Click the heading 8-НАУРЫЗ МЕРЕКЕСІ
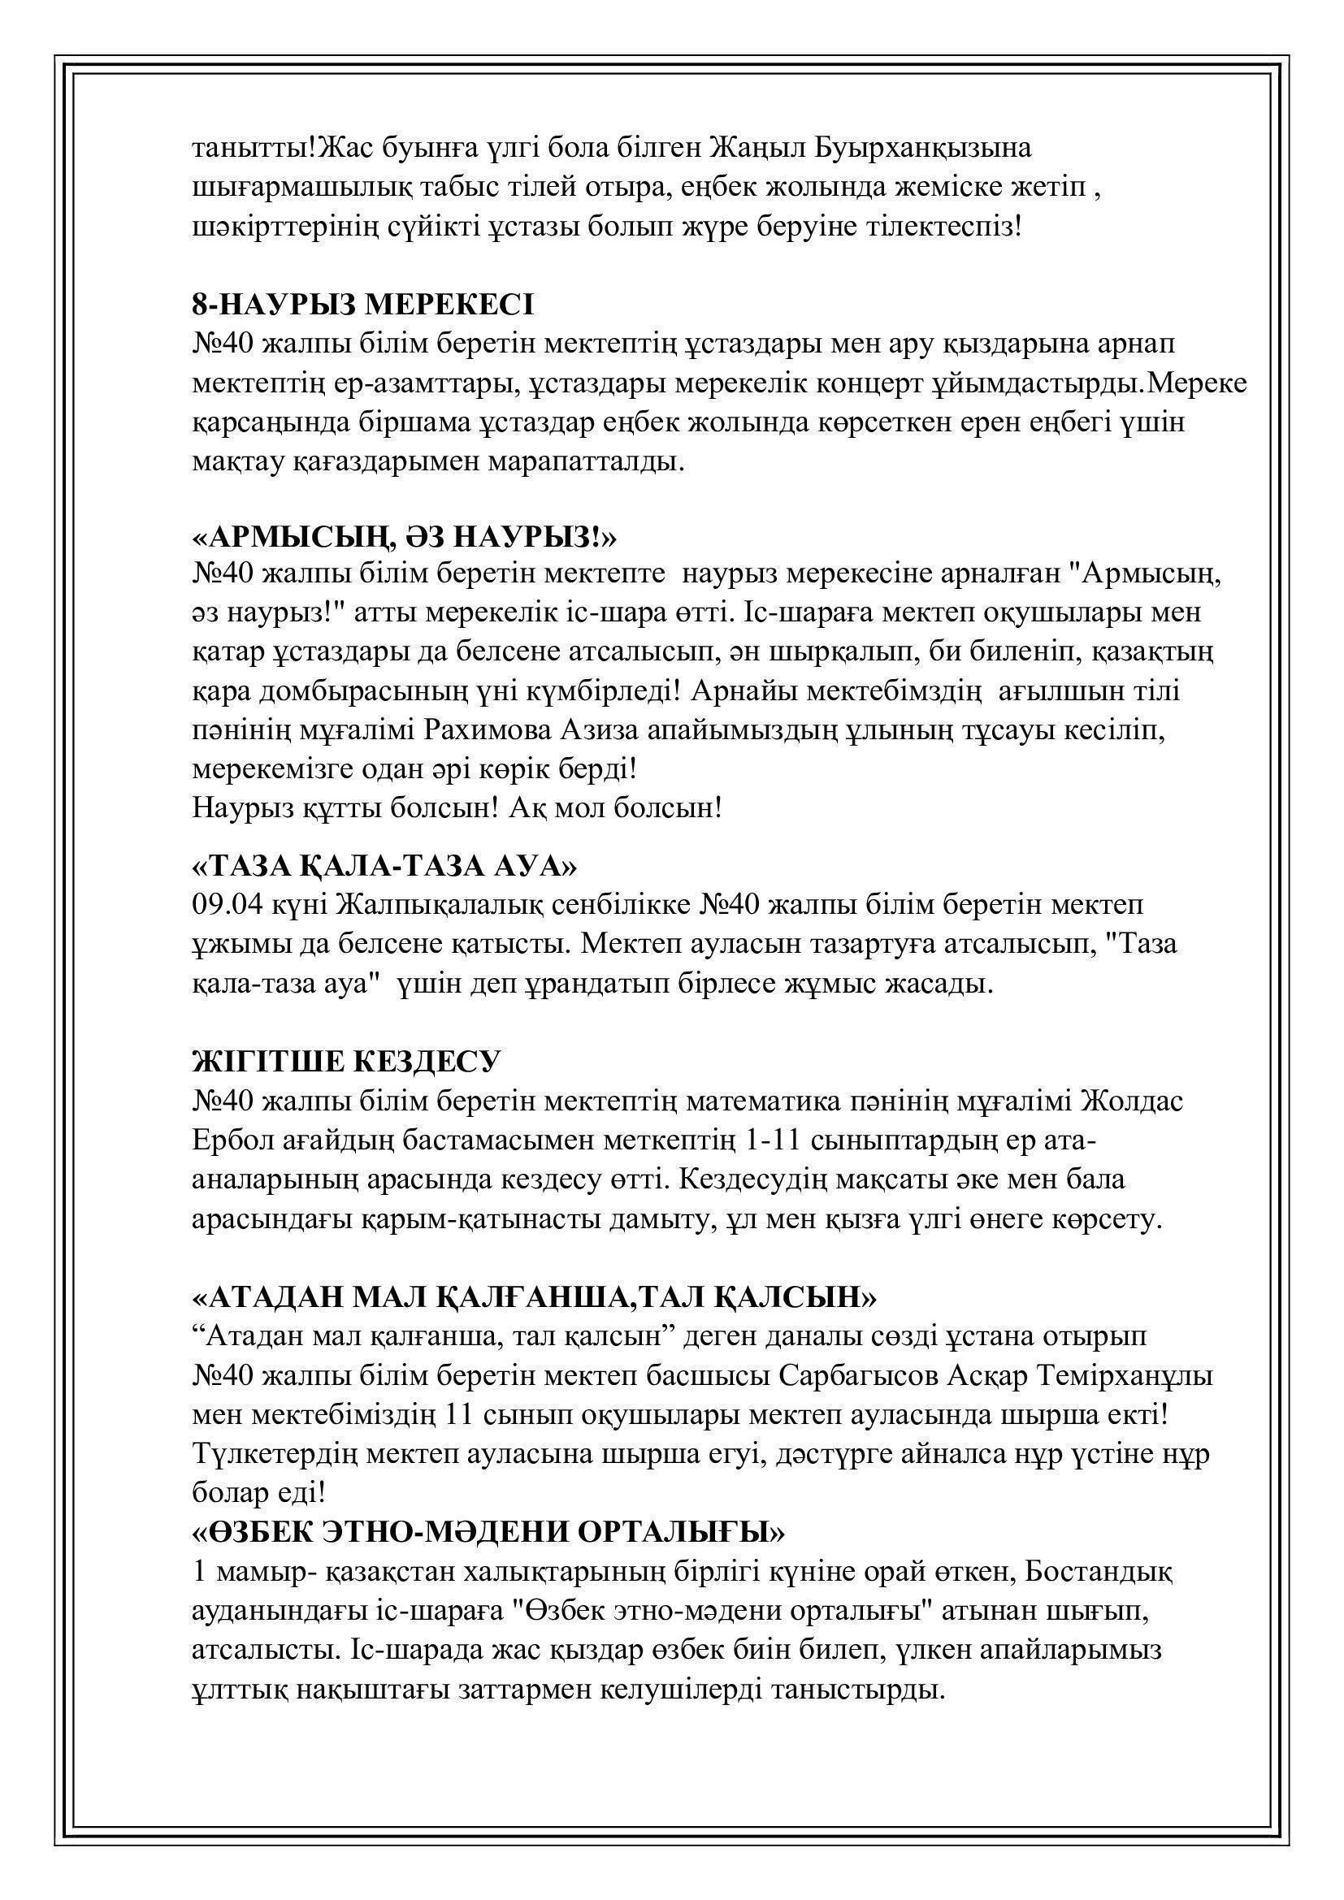click(x=362, y=305)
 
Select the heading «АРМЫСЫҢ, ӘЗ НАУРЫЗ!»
click(x=404, y=537)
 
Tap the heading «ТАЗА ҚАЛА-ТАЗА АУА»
click(x=384, y=867)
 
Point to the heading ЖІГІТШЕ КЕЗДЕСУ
click(x=347, y=1062)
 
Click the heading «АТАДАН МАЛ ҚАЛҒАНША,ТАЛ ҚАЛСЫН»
click(x=534, y=1296)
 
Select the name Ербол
click(x=231, y=1141)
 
